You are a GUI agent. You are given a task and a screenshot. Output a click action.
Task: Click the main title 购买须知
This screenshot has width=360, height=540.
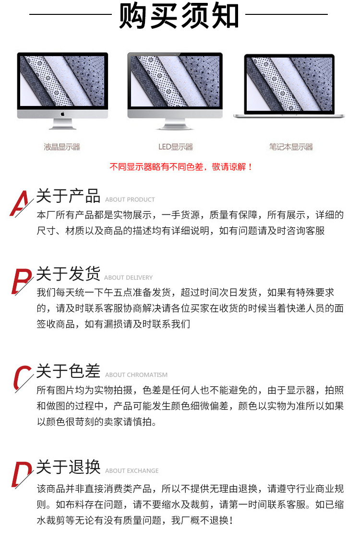pos(179,15)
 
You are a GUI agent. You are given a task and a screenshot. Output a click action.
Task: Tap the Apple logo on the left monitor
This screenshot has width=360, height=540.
pos(62,114)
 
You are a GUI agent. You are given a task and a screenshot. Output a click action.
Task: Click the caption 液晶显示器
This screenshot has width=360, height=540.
pos(62,147)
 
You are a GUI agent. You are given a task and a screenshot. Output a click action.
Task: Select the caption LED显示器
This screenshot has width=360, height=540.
pos(176,147)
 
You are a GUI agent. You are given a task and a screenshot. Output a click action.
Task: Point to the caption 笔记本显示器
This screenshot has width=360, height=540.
pos(291,147)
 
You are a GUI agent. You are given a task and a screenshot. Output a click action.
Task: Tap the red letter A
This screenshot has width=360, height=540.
pos(20,203)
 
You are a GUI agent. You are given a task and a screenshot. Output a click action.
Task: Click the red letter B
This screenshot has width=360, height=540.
pos(21,281)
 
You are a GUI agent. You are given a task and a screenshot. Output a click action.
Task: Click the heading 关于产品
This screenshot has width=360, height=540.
pos(68,196)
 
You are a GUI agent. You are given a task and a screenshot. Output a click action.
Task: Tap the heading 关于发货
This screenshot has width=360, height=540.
pos(68,274)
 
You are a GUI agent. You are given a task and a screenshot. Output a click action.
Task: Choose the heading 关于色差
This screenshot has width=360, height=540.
pos(68,371)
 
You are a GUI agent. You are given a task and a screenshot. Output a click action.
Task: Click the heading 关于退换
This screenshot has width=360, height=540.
pos(68,467)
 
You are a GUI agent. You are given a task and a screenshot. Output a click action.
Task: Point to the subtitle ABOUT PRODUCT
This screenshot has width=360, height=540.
pos(130,200)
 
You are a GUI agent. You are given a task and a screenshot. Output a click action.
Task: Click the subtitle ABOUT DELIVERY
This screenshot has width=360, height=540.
pos(128,278)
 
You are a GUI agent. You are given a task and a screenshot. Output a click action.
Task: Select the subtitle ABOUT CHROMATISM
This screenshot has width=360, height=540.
pos(136,375)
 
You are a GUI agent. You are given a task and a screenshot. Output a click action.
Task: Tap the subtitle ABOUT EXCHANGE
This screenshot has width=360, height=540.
pos(132,471)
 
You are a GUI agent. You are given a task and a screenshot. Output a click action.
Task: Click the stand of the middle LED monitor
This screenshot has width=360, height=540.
pos(175,124)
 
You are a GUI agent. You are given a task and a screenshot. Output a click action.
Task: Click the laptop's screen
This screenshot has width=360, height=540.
pos(289,84)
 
